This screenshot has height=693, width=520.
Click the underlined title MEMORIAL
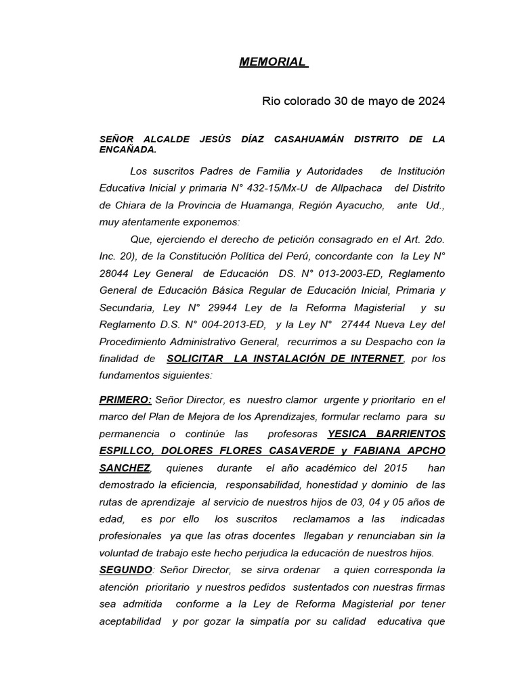coord(272,62)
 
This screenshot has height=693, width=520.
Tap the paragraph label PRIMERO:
coord(125,400)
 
